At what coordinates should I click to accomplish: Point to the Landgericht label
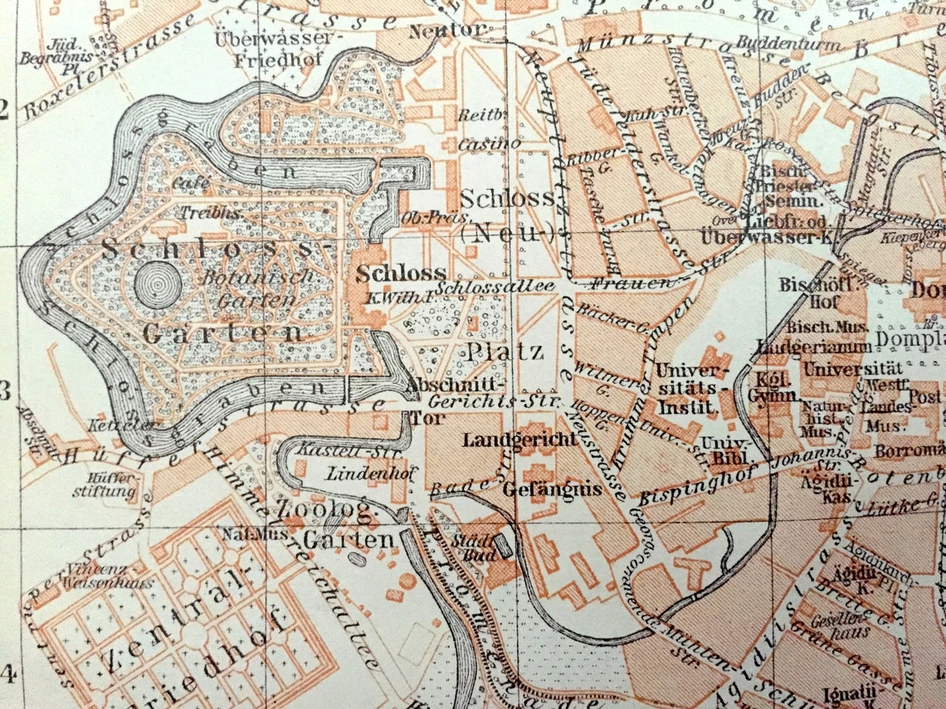point(520,439)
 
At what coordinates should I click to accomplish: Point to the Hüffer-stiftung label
point(111,485)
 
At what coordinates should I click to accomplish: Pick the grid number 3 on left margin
point(7,390)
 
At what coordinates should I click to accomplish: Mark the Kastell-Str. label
point(324,449)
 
